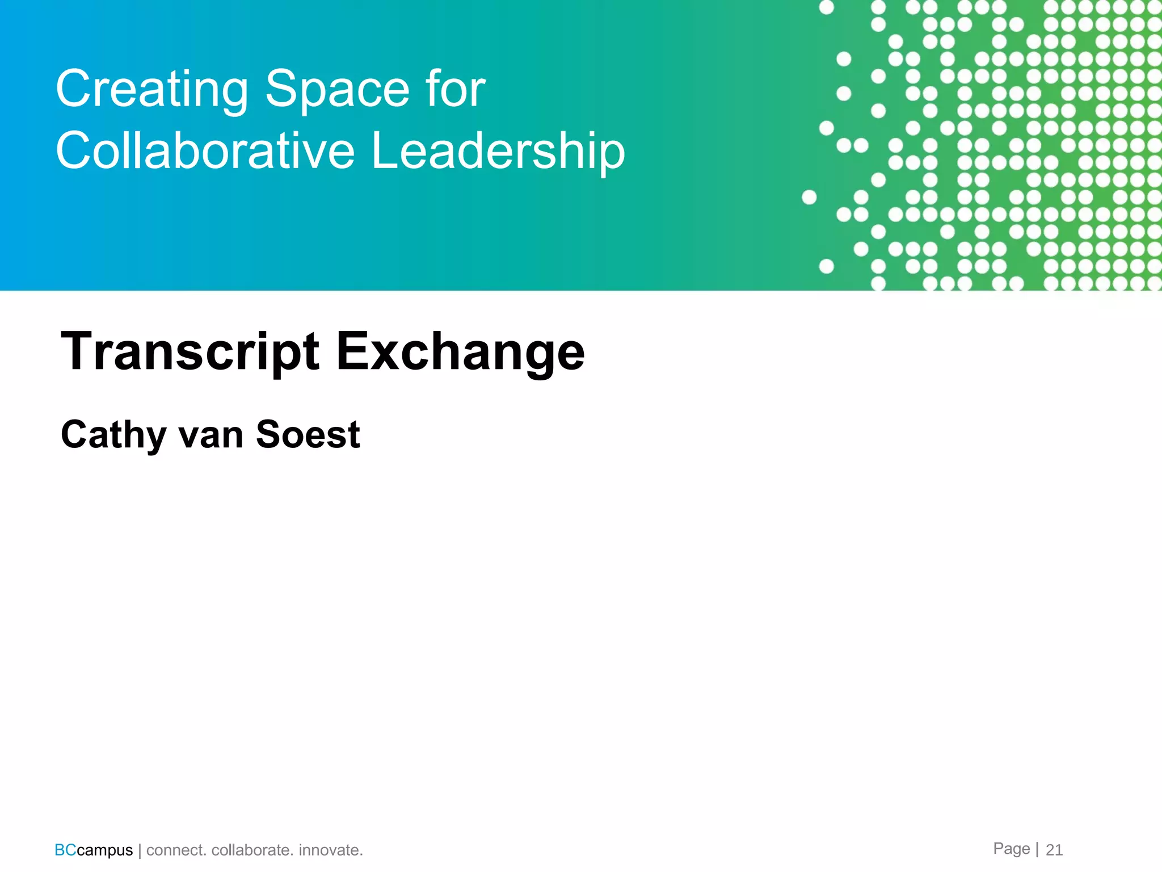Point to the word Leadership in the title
(498, 152)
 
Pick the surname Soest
(308, 434)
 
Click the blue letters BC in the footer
(65, 850)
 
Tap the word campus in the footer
(105, 850)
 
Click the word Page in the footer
(1011, 849)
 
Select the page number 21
(1054, 850)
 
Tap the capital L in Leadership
(383, 150)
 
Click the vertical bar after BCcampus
(140, 850)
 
